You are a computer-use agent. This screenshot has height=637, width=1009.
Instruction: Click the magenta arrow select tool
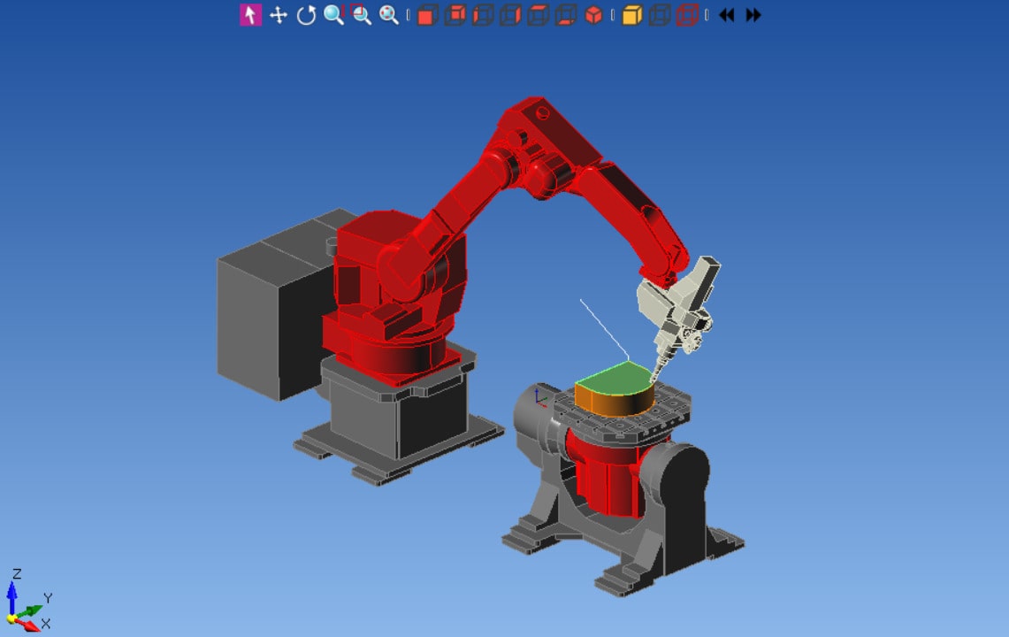250,15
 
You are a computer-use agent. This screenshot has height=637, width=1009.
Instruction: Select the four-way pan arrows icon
279,15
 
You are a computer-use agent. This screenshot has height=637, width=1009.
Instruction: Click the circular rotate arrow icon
306,15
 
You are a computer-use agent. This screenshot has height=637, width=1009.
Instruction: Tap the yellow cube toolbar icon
631,15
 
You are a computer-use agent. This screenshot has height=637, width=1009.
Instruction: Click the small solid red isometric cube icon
594,15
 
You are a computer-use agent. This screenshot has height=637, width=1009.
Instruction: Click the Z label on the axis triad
17,574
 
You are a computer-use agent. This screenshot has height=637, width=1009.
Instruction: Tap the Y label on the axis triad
48,598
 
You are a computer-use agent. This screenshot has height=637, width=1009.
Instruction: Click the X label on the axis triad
45,624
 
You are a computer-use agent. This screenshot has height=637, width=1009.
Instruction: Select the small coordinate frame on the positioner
540,397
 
